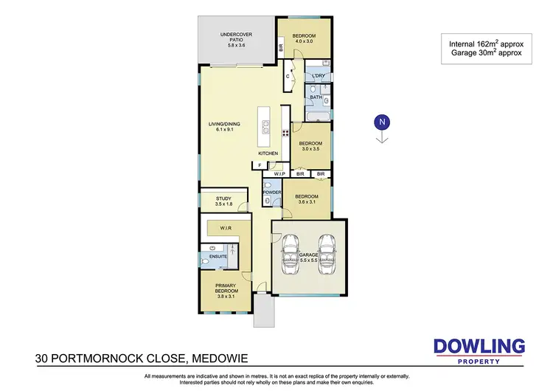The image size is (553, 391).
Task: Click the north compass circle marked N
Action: (x=382, y=122)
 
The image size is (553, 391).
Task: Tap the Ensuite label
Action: (x=218, y=257)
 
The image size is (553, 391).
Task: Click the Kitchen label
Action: (x=268, y=153)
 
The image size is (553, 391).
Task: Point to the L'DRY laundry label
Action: (x=319, y=76)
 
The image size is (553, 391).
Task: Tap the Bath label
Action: (x=316, y=97)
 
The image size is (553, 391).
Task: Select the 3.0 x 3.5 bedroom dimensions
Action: (x=311, y=150)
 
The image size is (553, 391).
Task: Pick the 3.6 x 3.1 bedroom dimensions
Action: (x=306, y=202)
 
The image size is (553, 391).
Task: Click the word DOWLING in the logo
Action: (x=479, y=346)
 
